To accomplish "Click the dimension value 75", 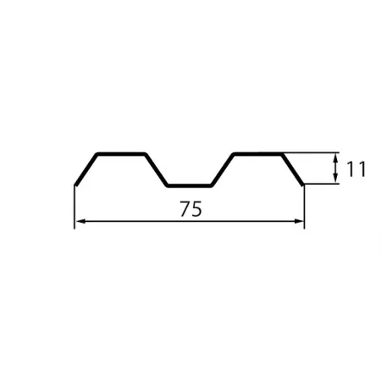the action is click(x=191, y=209).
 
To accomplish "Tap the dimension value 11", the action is click(x=356, y=169).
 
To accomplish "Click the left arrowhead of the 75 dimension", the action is click(x=80, y=222).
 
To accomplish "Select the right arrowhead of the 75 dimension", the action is click(x=299, y=222).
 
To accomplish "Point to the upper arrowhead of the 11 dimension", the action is click(x=335, y=158).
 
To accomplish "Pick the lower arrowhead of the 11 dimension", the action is click(x=335, y=179).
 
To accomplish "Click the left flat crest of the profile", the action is click(x=121, y=154).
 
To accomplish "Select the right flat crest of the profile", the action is click(x=258, y=154).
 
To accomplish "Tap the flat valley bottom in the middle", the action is click(x=189, y=185).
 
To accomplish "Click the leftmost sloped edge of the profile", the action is click(x=86, y=170).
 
